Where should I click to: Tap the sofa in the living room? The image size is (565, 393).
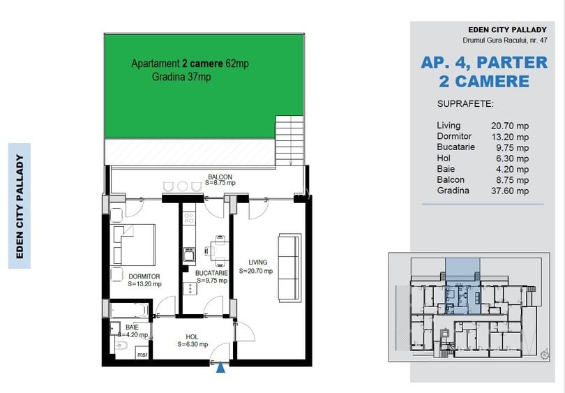coord(289,267)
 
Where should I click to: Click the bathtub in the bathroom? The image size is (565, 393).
coord(129,309)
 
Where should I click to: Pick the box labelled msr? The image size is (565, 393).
coord(142,354)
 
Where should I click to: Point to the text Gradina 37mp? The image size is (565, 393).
coord(181,77)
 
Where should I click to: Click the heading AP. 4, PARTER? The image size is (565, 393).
coord(484,63)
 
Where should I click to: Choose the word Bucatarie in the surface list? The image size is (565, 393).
coord(455,147)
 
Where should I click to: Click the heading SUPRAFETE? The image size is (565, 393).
coord(465,103)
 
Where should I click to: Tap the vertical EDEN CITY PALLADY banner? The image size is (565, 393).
coord(20,207)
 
